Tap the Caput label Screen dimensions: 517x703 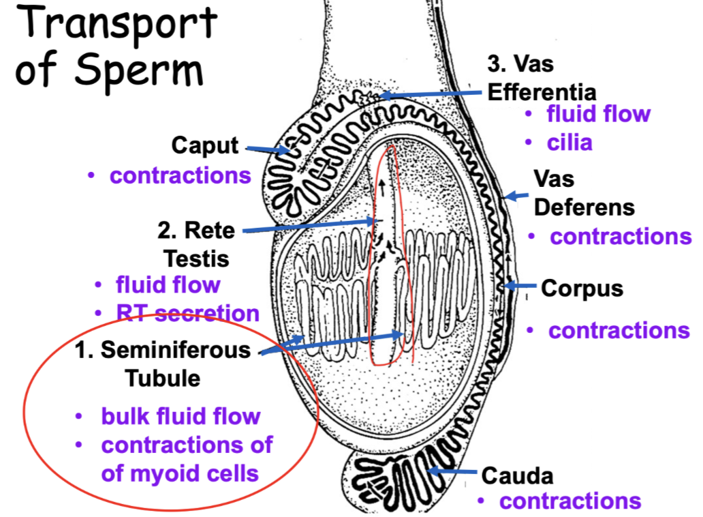tap(205, 145)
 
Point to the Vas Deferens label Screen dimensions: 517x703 tap(584, 192)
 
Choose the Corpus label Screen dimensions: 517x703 tap(582, 288)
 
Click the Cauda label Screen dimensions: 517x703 tap(517, 475)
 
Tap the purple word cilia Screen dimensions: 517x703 tap(569, 143)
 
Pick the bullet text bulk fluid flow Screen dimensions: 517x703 tap(181, 415)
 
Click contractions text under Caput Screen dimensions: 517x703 tap(181, 175)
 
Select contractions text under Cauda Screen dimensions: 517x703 tap(570, 501)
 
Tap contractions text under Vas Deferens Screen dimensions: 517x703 tap(621, 237)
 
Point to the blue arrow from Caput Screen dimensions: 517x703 tap(267, 149)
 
